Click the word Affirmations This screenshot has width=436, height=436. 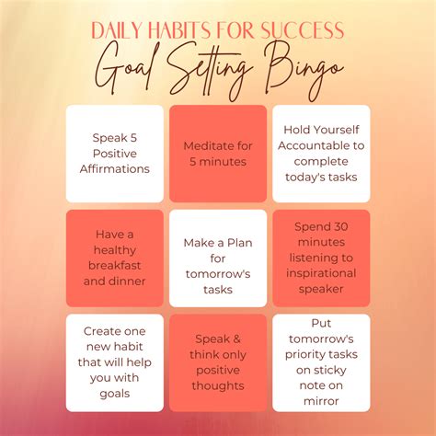pyautogui.click(x=115, y=169)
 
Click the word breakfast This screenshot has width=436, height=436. pyautogui.click(x=115, y=266)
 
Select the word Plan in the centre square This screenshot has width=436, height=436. pyautogui.click(x=239, y=243)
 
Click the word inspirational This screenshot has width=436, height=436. pyautogui.click(x=321, y=274)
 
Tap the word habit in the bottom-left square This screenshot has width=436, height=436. pyautogui.click(x=129, y=347)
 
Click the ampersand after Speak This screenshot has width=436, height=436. pyautogui.click(x=236, y=339)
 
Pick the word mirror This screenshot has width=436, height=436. pyautogui.click(x=321, y=401)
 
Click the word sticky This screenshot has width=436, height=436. pyautogui.click(x=329, y=371)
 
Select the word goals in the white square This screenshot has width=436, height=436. pyautogui.click(x=115, y=394)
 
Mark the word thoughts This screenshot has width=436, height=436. pyautogui.click(x=218, y=385)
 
